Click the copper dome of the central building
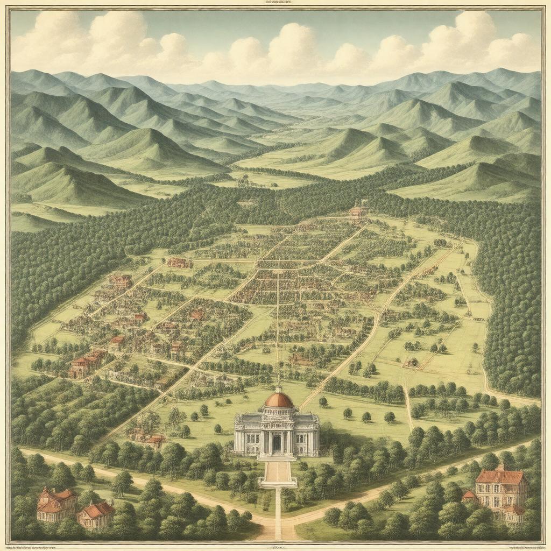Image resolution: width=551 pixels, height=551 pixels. point(279,400)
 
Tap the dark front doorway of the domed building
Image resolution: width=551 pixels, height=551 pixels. point(277,442)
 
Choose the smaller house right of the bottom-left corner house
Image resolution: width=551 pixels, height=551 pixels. point(95,514)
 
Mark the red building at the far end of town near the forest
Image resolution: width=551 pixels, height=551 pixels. point(358,210)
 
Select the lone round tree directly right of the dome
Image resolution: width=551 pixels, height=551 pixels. point(323,401)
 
